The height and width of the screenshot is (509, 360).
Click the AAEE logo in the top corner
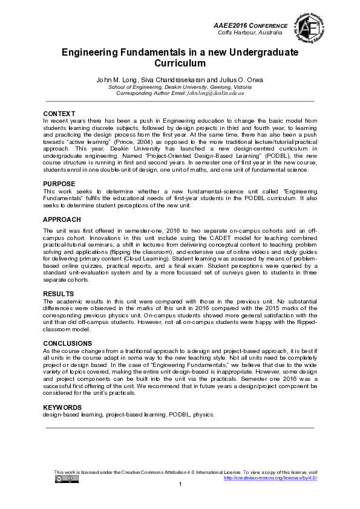tap(310, 28)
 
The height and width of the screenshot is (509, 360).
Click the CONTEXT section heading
tap(59, 114)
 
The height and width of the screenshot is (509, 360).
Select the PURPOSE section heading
tap(59, 184)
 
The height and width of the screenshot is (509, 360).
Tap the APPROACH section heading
tap(62, 221)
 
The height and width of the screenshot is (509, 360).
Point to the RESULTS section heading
tap(59, 294)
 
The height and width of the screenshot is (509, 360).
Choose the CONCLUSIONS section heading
tap(68, 343)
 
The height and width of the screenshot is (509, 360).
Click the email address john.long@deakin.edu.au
tap(220, 94)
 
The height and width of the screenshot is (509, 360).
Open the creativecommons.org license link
tap(270, 478)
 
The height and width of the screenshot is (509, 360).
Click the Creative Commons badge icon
tap(67, 479)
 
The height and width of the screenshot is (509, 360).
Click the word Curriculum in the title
tap(180, 63)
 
